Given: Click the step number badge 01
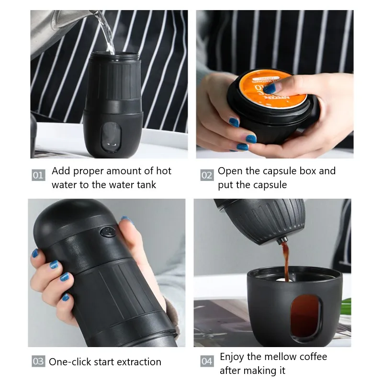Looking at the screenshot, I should [x=38, y=175].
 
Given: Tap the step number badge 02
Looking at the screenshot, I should [x=206, y=175].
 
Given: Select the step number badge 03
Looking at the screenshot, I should [x=38, y=361].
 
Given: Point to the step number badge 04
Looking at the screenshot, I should [x=206, y=361].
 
